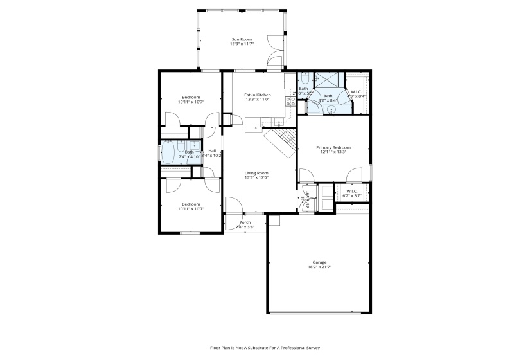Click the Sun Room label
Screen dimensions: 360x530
pos(242,40)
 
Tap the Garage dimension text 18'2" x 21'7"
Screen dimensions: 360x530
pos(319,267)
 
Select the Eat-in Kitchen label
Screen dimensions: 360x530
pos(256,95)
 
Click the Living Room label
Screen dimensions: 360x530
pos(256,172)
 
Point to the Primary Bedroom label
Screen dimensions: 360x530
pos(332,147)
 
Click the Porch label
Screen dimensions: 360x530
pos(245,222)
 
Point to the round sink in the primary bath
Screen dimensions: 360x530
pos(331,110)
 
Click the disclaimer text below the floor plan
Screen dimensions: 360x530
pos(265,348)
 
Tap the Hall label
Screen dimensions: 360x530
pos(212,151)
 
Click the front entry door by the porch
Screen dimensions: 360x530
pos(233,205)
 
